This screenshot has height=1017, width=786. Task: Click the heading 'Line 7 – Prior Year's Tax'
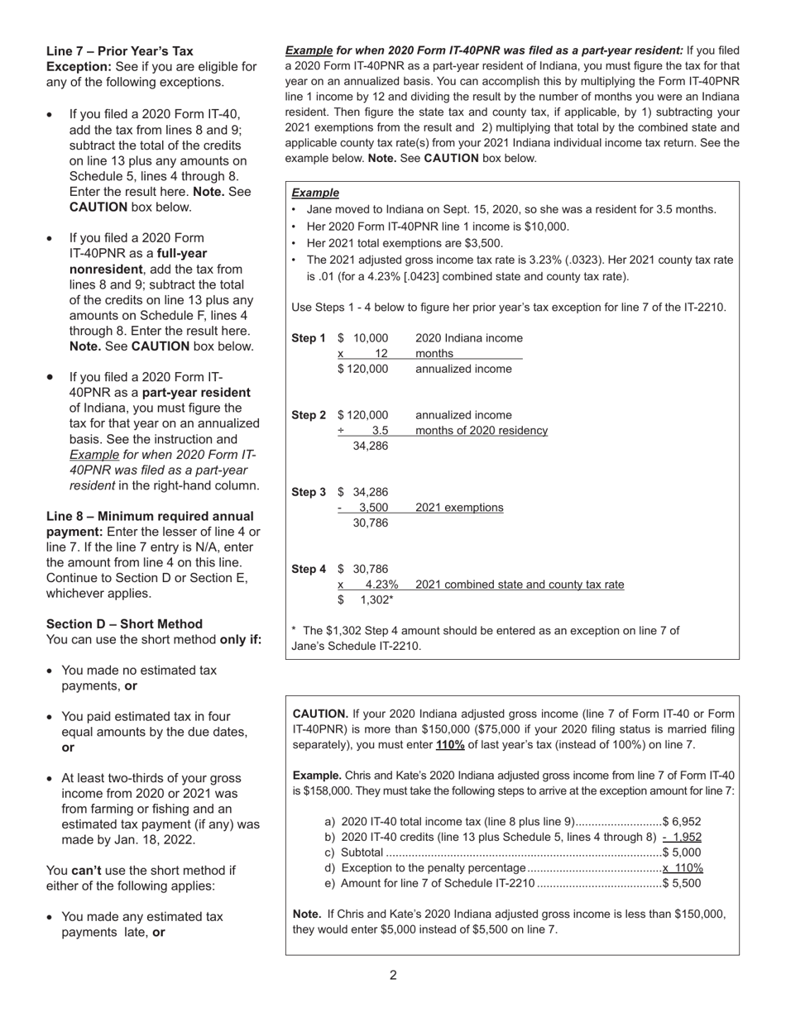pos(120,51)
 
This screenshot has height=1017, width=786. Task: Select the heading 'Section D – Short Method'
pos(124,623)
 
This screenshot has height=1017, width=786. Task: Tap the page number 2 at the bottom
pos(393,975)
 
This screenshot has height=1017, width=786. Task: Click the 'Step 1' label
pos(309,338)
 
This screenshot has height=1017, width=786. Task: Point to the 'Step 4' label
pos(309,569)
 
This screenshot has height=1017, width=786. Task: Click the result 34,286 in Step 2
pos(370,446)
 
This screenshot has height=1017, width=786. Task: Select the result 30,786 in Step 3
pos(370,523)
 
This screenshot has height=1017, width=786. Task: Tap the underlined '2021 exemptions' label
pos(458,508)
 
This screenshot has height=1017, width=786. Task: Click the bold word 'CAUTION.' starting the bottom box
pos(321,714)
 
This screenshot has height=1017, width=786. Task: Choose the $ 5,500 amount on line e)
pos(681,883)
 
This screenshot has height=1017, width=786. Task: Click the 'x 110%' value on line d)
pos(683,867)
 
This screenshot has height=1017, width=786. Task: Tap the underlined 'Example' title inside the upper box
pos(315,193)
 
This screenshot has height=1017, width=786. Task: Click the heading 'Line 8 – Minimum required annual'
pos(150,516)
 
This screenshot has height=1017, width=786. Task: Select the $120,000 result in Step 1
pos(362,369)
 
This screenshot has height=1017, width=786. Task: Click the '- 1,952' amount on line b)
pos(682,837)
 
